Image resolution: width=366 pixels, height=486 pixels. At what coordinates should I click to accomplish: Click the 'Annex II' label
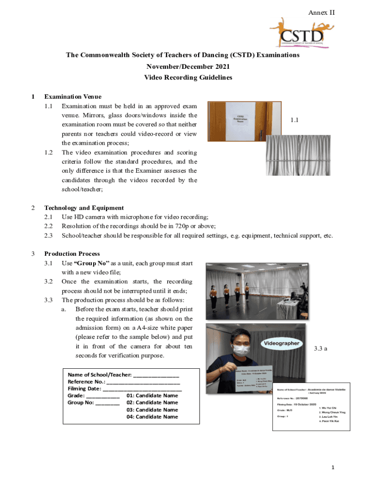click(322, 12)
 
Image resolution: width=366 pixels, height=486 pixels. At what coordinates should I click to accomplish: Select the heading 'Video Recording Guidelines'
click(183, 78)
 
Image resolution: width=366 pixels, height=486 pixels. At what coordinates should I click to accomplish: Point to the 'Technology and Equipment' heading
click(84, 208)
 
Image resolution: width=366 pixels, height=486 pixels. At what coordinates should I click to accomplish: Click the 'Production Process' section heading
click(72, 254)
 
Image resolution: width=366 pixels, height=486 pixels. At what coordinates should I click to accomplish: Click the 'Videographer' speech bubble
click(281, 343)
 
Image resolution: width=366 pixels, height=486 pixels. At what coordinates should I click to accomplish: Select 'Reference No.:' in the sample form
click(87, 381)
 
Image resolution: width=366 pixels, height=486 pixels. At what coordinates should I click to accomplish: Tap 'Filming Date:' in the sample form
click(85, 388)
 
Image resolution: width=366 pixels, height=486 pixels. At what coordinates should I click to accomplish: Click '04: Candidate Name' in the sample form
click(152, 417)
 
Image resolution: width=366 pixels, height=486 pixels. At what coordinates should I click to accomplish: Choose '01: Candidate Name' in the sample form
click(152, 395)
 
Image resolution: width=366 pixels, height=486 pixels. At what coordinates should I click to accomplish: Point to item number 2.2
click(48, 226)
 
